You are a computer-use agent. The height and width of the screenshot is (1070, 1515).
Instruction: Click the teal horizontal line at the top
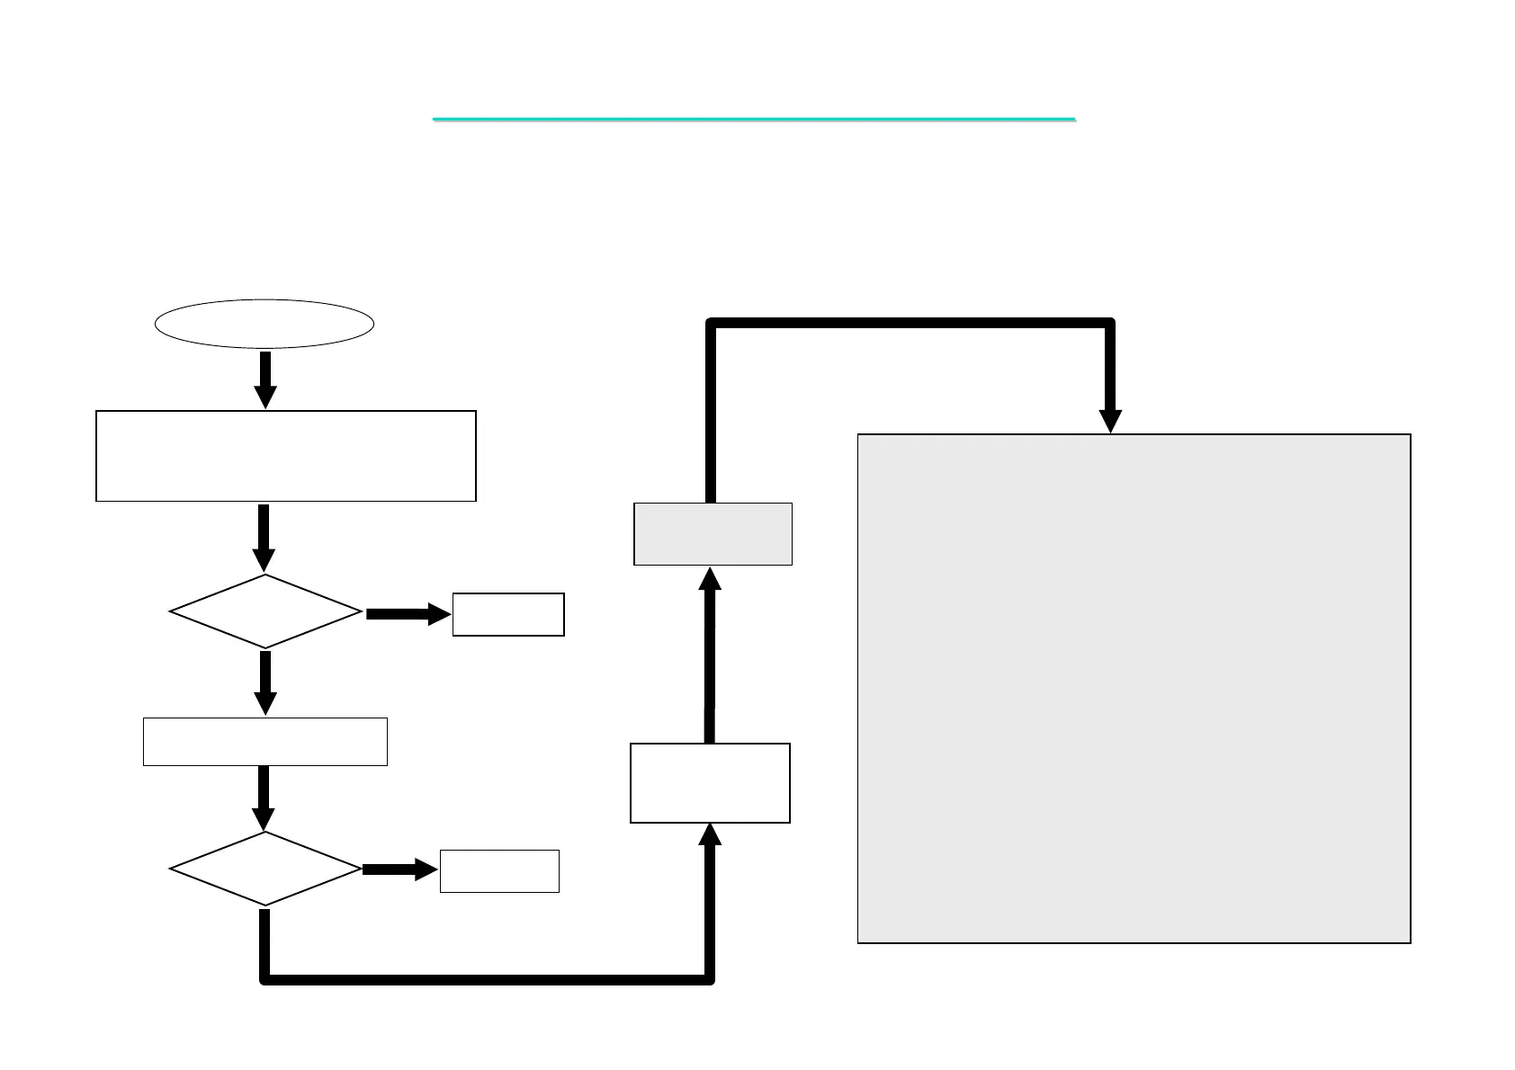(x=754, y=119)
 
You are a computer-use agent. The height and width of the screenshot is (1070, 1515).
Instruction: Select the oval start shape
(x=264, y=324)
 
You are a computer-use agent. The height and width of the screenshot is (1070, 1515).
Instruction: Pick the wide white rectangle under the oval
(x=285, y=456)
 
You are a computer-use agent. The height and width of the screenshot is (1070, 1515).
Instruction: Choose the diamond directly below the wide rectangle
(x=265, y=611)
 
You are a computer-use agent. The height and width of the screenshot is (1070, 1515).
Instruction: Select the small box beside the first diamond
(x=508, y=614)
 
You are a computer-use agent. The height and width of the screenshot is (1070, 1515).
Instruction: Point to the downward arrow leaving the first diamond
(x=265, y=682)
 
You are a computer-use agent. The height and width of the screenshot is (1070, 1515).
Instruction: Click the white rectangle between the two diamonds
(x=265, y=742)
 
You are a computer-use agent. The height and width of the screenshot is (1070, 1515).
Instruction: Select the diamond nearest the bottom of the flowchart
(x=265, y=869)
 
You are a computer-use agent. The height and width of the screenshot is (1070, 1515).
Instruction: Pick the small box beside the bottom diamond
(x=499, y=870)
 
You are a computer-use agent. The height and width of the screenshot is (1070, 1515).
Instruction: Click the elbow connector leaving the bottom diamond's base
(x=486, y=978)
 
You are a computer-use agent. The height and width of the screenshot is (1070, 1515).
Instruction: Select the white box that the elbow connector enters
(x=710, y=782)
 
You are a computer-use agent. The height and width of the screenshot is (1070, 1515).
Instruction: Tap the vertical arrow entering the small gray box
(x=710, y=656)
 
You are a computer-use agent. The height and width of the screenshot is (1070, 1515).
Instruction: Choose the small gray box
(x=713, y=534)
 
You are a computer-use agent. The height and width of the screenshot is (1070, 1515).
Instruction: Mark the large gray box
(x=1134, y=689)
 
